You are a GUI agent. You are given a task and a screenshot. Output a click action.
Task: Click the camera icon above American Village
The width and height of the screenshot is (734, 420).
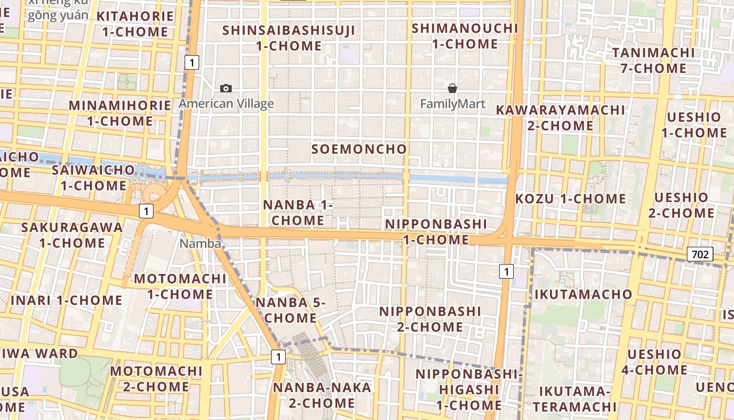coord(226,88)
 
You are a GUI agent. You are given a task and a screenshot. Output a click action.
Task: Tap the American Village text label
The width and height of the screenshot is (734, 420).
coord(226,103)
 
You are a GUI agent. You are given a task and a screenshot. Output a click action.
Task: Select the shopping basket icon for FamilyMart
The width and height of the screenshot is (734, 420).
coord(452,88)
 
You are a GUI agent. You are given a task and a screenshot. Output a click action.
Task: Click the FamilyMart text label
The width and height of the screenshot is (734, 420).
coord(452,104)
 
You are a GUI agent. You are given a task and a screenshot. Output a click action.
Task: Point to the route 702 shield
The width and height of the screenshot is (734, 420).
coord(700,255)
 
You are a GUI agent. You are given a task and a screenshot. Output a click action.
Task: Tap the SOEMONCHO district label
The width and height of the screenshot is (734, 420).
coord(359,149)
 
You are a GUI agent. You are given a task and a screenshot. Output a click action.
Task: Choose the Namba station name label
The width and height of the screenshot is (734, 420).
coord(200,244)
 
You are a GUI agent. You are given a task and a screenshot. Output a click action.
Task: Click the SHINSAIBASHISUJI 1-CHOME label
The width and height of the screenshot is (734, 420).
coord(289,38)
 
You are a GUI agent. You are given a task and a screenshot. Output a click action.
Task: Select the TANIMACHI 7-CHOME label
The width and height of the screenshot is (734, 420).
coord(653,60)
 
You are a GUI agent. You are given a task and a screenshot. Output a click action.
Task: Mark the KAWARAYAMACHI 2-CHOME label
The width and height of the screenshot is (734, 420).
coord(560,118)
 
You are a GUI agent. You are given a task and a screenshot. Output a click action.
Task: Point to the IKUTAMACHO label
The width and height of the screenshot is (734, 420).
coord(583,294)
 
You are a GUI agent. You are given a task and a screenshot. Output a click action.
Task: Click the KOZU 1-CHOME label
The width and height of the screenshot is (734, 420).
coord(570,198)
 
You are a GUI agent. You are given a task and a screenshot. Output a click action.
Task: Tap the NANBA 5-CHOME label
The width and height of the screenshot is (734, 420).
coord(290,310)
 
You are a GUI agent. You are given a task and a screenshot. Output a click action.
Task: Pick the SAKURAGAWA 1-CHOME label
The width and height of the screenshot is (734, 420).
coord(72,235)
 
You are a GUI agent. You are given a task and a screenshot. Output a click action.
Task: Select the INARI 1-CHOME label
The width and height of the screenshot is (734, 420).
coord(67,300)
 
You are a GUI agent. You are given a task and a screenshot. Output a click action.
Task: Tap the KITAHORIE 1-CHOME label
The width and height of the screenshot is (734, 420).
coord(135,24)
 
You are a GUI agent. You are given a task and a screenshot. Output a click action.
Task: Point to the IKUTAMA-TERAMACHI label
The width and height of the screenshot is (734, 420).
coord(575,398)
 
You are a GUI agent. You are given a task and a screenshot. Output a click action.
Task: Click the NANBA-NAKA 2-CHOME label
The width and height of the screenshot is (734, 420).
coord(322,395)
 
